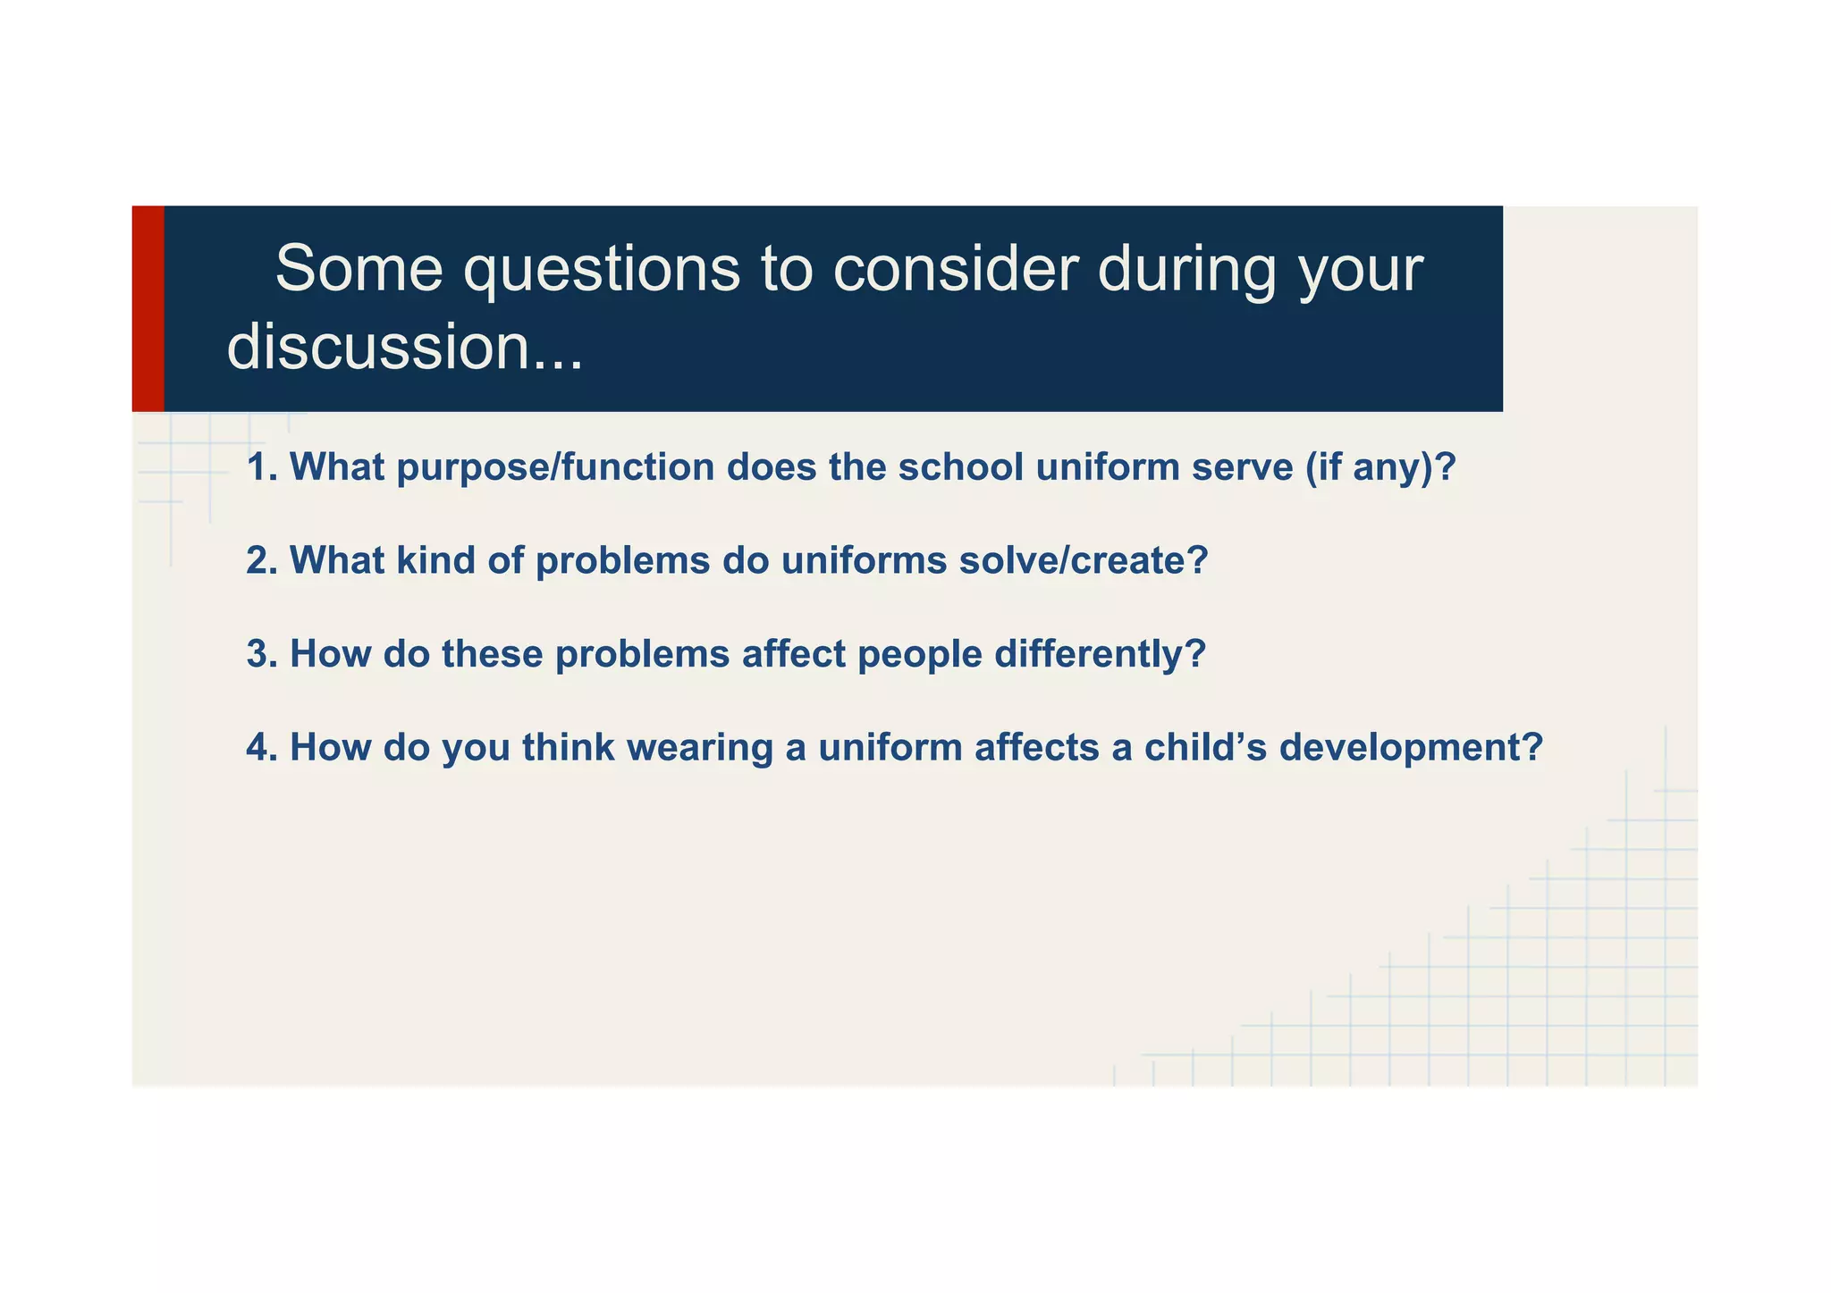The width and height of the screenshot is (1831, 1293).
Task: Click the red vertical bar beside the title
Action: (148, 308)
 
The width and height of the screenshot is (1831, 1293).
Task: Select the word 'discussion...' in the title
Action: (405, 347)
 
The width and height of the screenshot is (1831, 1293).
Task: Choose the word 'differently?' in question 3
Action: (1100, 655)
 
